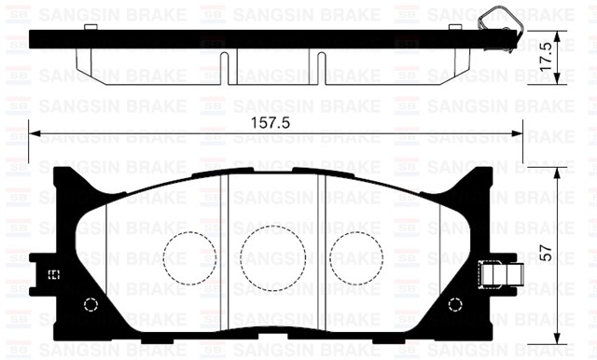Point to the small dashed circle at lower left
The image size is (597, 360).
[x=90, y=305]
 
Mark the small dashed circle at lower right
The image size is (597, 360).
[x=454, y=305]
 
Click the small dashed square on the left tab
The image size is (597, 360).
[x=53, y=274]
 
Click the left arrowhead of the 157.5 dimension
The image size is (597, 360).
[x=35, y=133]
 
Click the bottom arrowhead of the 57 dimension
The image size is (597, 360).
[x=558, y=338]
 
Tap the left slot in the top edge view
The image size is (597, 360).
[x=225, y=65]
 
